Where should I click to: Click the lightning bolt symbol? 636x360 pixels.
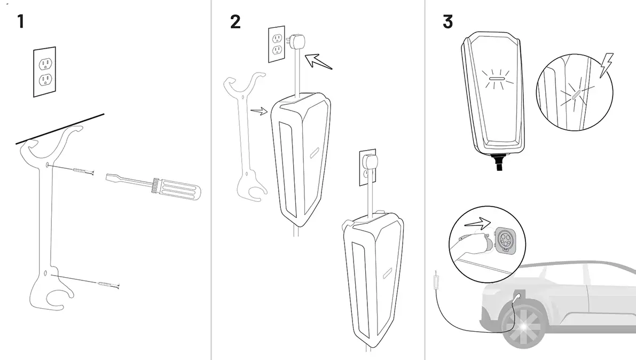click(x=606, y=65)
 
